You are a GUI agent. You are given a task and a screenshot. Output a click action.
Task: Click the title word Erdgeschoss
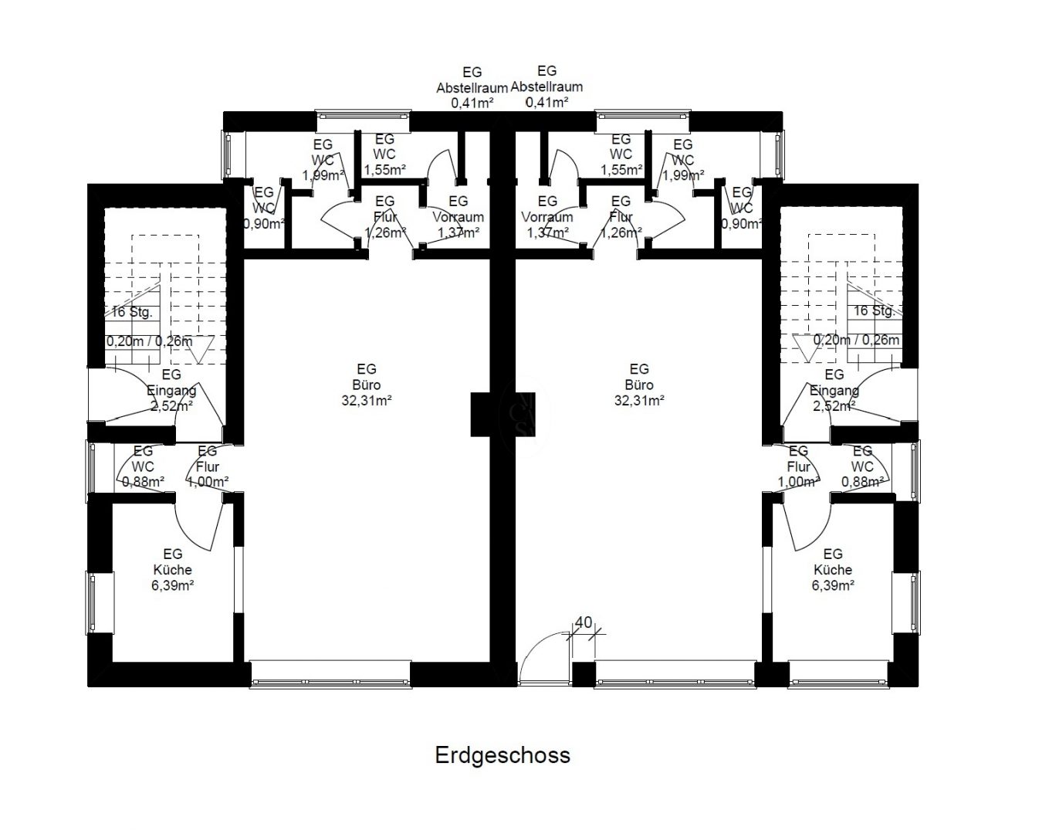(x=502, y=755)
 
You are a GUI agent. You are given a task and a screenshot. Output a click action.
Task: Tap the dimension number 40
(x=584, y=622)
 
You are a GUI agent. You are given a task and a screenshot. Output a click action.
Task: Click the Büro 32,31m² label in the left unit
(x=367, y=385)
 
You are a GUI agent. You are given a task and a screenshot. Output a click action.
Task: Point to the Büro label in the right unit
(x=639, y=385)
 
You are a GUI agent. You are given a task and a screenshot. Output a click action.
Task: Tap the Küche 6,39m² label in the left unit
(x=173, y=569)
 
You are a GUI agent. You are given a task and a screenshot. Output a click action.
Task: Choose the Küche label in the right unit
(x=833, y=569)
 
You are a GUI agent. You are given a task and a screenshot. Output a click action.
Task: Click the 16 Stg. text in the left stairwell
(x=132, y=312)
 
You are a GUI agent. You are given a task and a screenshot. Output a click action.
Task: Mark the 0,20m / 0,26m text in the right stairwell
(x=857, y=340)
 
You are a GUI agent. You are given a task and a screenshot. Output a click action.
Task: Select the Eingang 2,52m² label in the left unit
(x=171, y=390)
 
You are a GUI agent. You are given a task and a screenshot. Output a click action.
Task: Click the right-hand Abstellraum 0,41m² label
(x=546, y=86)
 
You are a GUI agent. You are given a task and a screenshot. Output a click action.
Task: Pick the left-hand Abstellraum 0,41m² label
(x=472, y=88)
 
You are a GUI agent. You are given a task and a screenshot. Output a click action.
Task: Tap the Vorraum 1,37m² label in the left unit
(x=459, y=216)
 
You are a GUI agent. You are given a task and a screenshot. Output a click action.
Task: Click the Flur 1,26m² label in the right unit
(x=621, y=216)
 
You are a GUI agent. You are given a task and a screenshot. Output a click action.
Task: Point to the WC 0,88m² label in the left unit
(x=143, y=466)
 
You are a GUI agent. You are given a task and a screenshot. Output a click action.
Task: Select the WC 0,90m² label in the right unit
(x=742, y=208)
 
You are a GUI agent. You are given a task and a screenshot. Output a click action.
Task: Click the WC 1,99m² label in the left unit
(x=323, y=160)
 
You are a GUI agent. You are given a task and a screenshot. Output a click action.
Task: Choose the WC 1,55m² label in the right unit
(x=621, y=154)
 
